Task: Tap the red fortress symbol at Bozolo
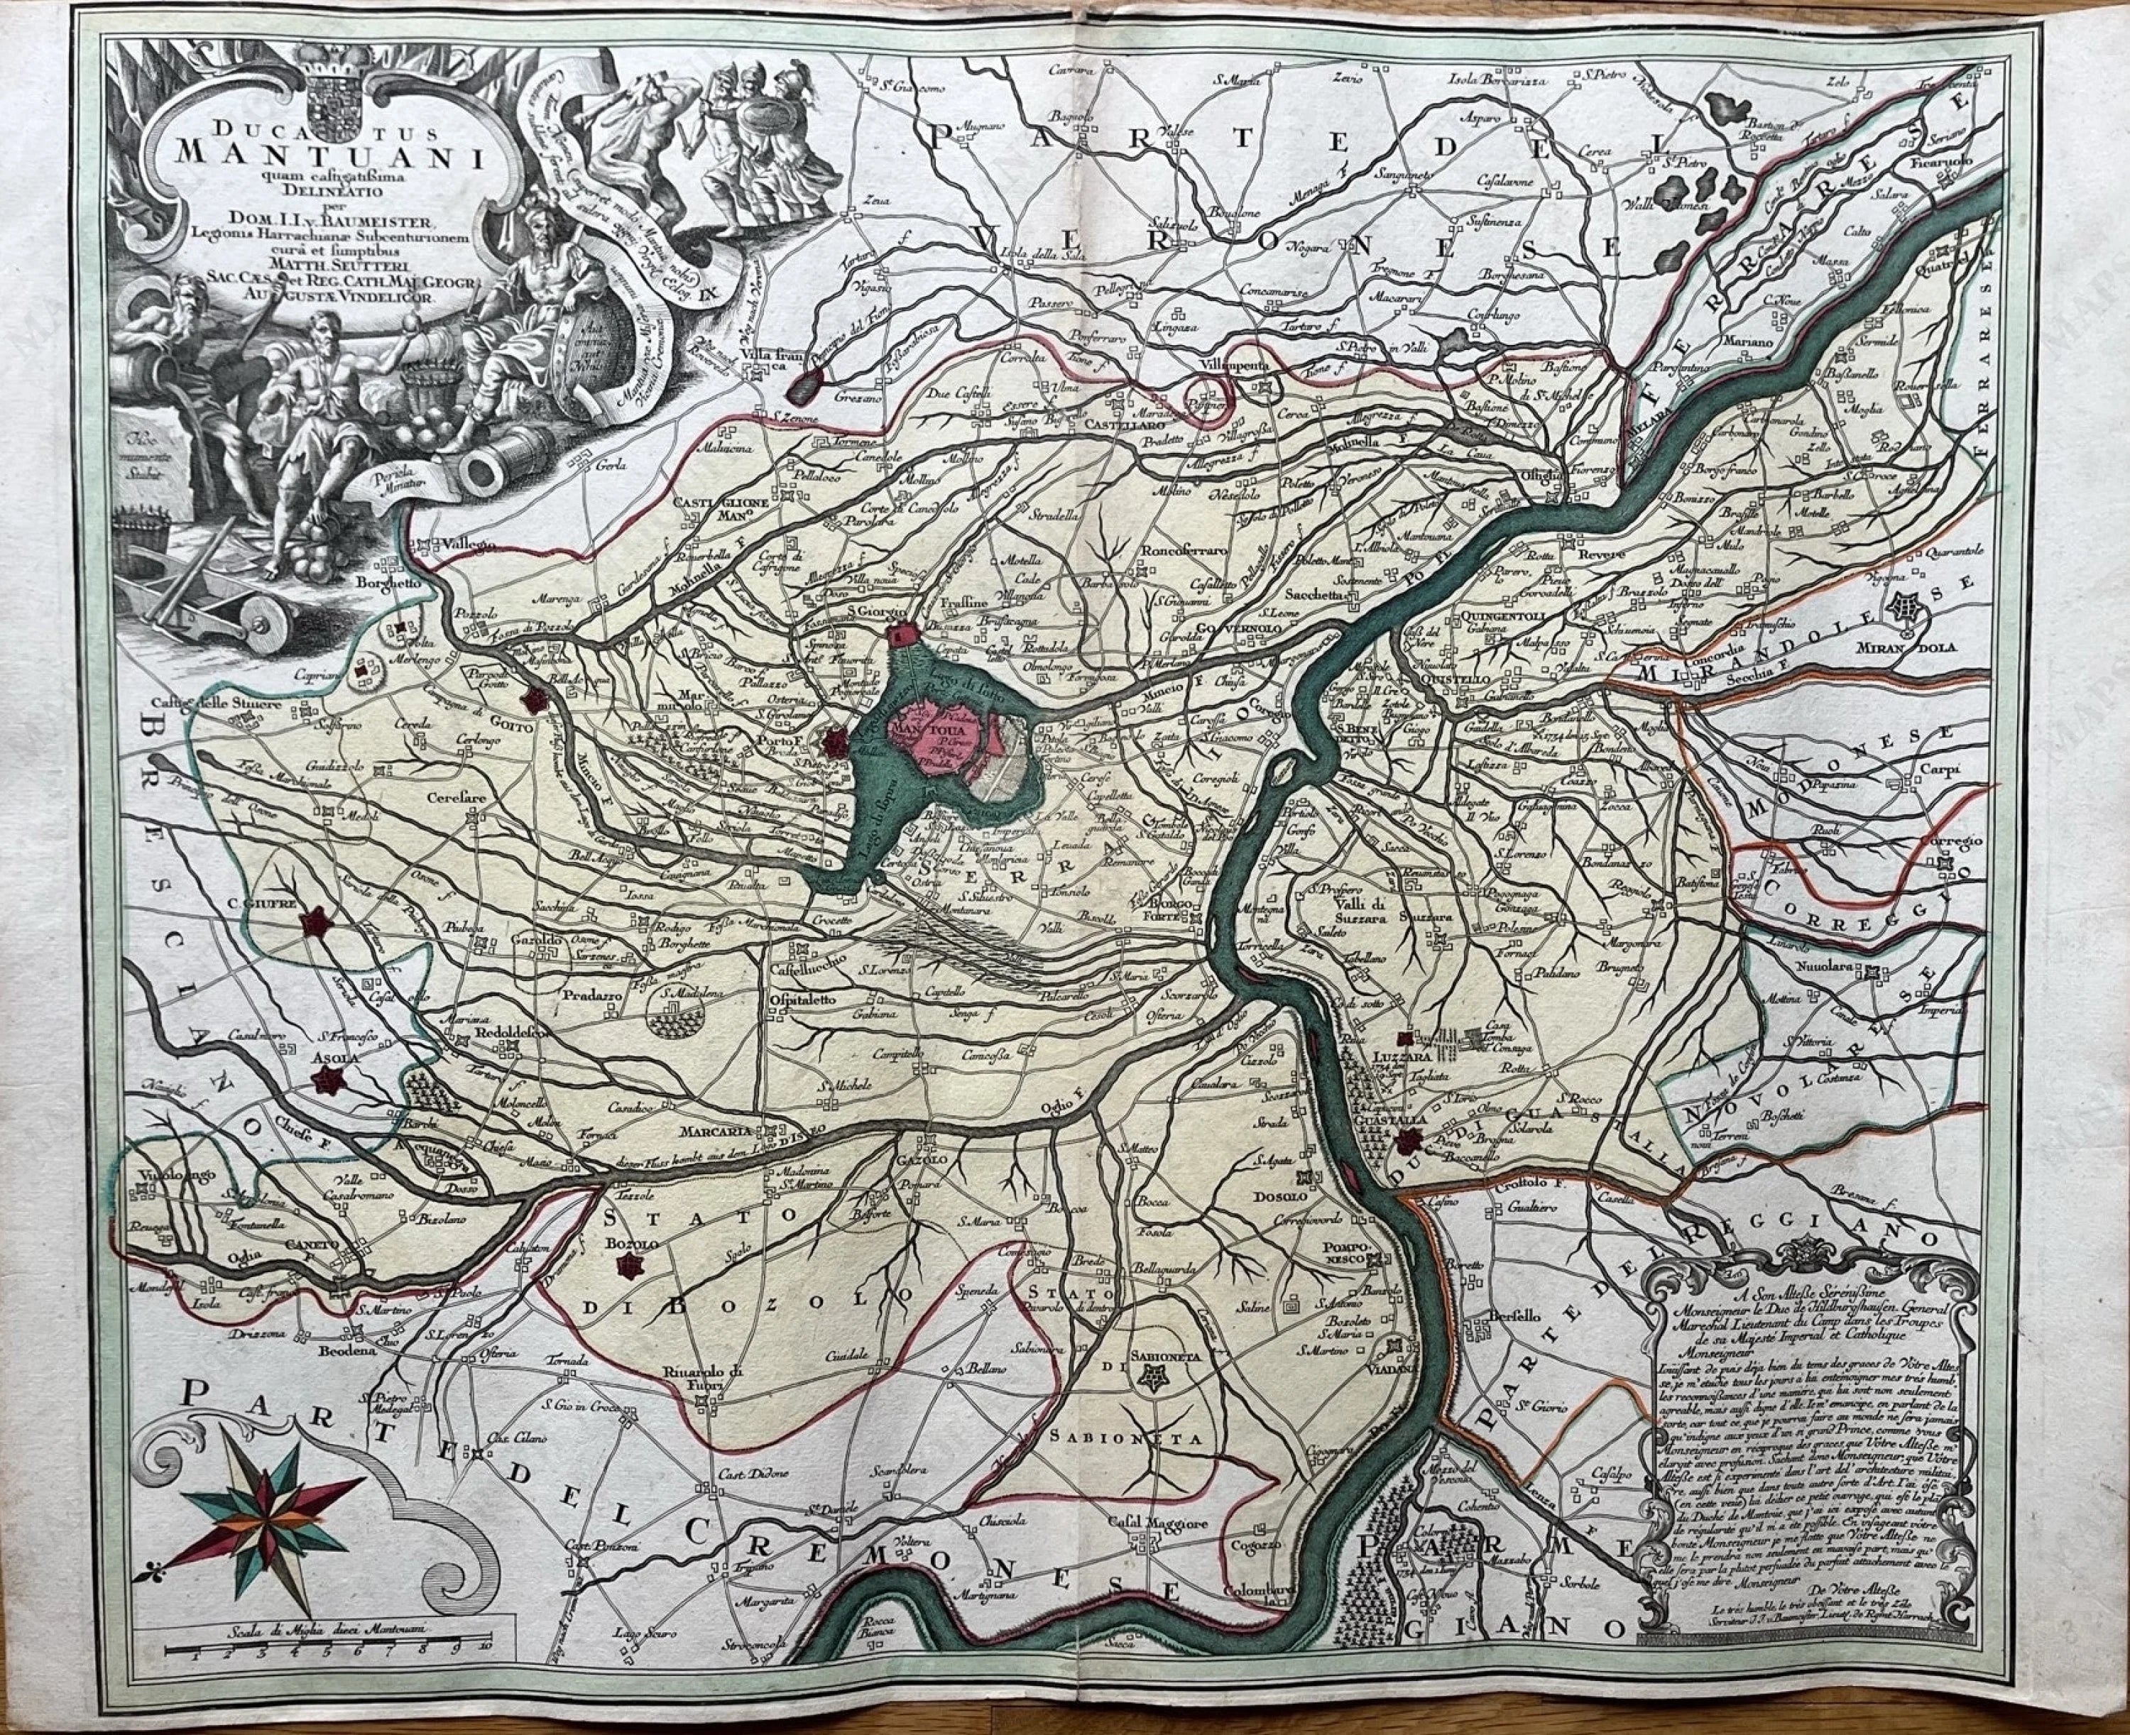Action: pos(628,1266)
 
